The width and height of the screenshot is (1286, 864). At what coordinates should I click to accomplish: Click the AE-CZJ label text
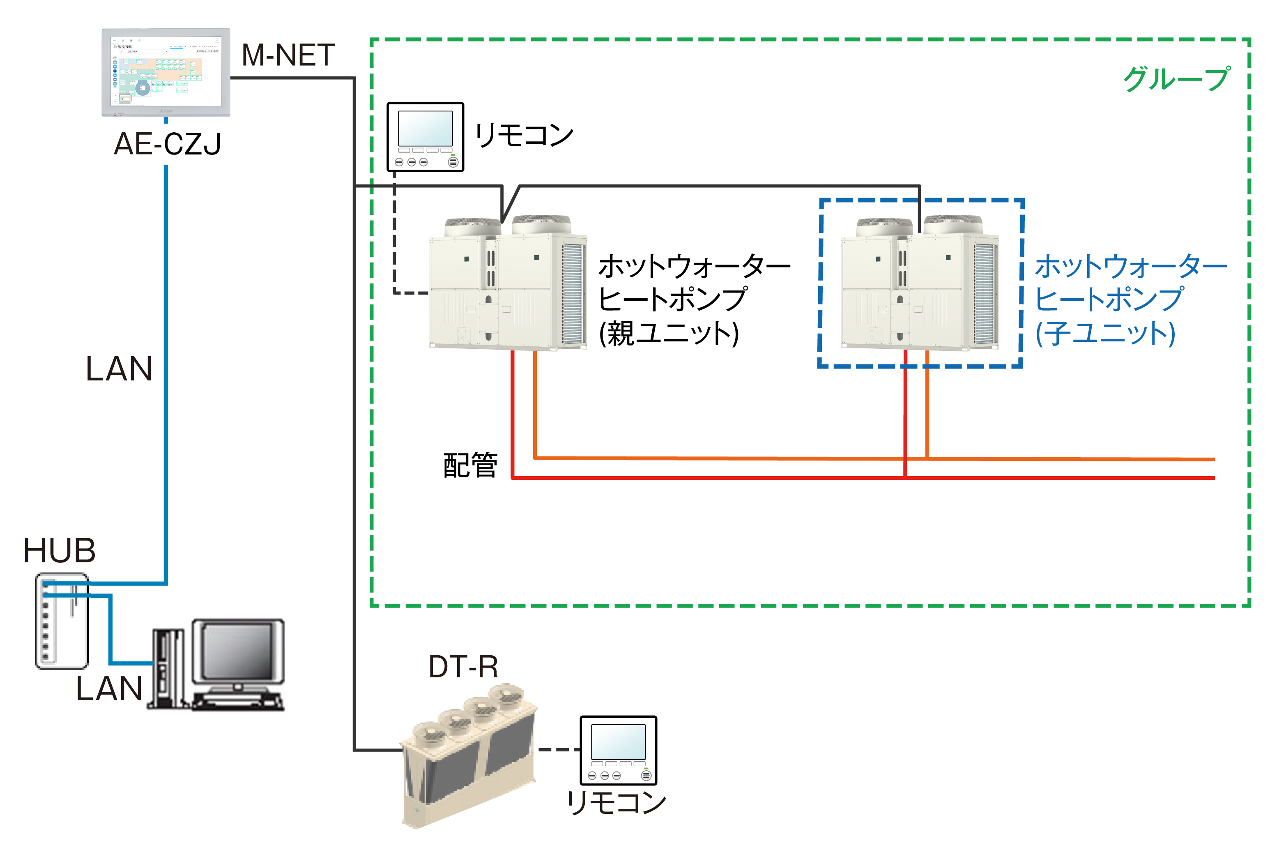click(167, 144)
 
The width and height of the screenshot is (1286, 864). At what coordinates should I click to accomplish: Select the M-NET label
click(288, 55)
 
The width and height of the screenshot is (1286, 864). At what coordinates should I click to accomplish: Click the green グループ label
click(1176, 79)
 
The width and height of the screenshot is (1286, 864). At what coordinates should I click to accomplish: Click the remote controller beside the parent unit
click(425, 137)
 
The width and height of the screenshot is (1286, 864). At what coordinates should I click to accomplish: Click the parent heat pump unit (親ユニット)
click(507, 284)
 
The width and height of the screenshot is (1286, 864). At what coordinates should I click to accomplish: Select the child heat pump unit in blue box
click(919, 284)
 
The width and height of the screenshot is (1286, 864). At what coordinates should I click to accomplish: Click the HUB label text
click(60, 551)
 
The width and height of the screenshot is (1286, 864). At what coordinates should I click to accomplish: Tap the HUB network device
click(62, 621)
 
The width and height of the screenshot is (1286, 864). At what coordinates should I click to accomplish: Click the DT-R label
click(463, 667)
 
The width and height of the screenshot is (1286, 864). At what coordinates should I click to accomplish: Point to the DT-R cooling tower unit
click(469, 758)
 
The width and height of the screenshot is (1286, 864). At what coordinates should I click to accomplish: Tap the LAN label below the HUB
click(109, 688)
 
